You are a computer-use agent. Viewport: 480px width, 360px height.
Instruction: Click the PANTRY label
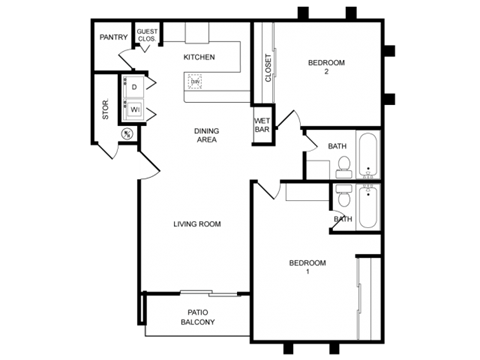(x=114, y=38)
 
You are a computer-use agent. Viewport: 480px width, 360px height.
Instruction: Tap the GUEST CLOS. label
(x=148, y=35)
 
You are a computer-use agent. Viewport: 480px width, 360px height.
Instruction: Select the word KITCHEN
(x=199, y=57)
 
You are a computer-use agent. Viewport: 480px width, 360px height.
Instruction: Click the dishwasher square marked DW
(x=197, y=82)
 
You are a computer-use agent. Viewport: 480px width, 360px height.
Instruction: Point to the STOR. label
(x=106, y=110)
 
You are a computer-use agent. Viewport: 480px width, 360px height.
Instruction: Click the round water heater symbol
(x=127, y=133)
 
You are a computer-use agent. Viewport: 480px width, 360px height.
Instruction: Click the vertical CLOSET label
(x=268, y=68)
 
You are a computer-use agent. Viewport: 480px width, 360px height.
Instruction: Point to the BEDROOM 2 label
(x=326, y=67)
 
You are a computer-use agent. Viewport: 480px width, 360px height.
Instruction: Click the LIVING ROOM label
(x=197, y=224)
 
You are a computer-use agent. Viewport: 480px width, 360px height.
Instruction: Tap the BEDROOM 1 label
(x=308, y=267)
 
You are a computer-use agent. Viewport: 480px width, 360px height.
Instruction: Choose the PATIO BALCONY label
(x=197, y=317)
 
